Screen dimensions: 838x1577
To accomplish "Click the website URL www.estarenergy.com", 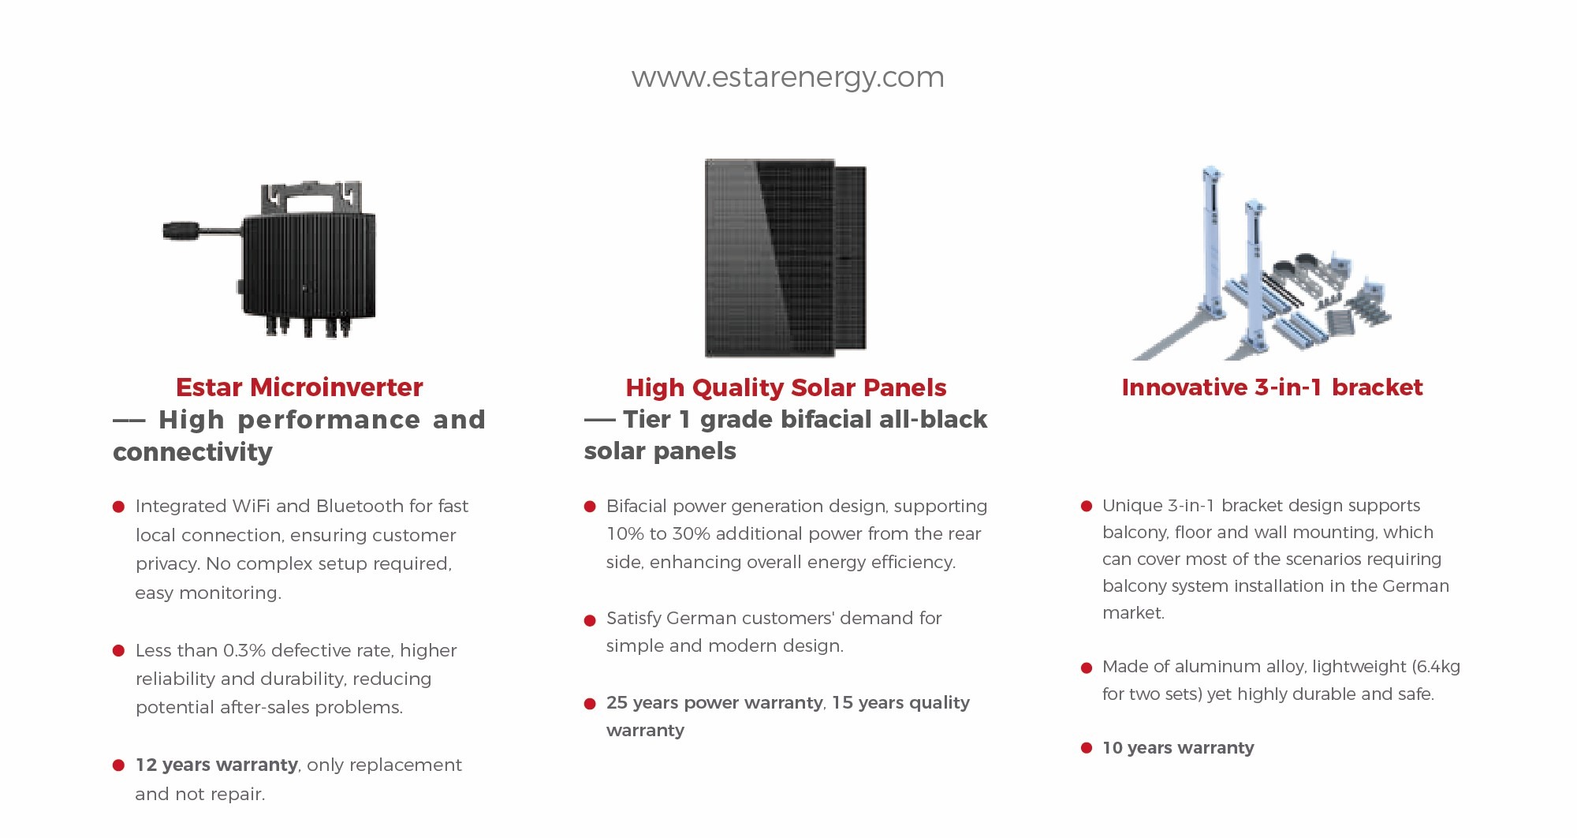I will [x=787, y=77].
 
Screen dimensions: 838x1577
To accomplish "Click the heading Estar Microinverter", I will [x=299, y=387].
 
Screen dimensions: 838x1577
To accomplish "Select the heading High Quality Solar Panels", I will [x=785, y=387].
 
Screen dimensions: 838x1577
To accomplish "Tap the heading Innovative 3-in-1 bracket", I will [x=1272, y=387].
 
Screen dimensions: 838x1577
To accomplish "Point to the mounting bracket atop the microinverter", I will [x=311, y=196].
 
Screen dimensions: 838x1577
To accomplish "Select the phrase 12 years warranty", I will [x=216, y=765].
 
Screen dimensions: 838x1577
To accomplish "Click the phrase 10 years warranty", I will [x=1177, y=747].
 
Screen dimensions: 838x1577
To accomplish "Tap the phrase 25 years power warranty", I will [x=714, y=702].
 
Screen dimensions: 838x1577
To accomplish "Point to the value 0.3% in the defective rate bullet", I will [x=244, y=650].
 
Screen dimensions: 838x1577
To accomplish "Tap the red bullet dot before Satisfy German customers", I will [x=589, y=620].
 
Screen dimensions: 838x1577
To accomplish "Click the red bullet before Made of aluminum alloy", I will [x=1086, y=668].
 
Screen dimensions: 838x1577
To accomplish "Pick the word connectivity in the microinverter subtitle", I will [x=192, y=452].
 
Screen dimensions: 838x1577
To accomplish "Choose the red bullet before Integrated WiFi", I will [x=118, y=507].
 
